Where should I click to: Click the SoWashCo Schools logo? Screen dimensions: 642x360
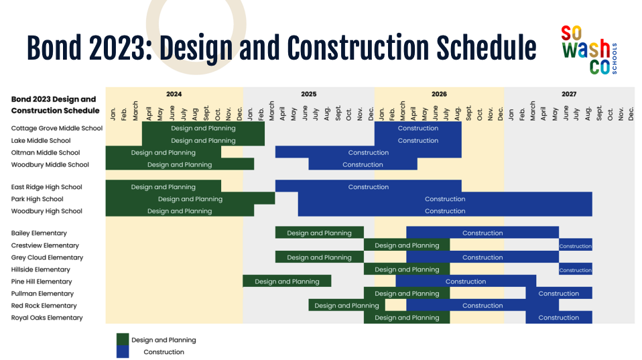[589, 50]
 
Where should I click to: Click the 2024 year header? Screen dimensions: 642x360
[174, 95]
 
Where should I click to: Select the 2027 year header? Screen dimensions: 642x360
[569, 95]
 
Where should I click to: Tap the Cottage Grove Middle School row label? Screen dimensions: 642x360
[57, 128]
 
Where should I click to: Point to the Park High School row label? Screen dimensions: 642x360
[38, 199]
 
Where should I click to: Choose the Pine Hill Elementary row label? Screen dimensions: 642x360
[42, 282]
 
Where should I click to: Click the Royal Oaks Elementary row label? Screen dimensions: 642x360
[47, 317]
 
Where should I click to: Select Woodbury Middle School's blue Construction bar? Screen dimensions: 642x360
[363, 164]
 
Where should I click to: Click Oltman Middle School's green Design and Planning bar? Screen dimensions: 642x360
[164, 152]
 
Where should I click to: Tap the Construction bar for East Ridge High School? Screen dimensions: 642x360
[369, 186]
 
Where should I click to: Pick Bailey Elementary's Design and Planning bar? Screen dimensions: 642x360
[320, 233]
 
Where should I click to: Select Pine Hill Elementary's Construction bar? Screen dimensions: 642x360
[466, 281]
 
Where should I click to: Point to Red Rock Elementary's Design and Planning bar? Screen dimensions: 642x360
[346, 305]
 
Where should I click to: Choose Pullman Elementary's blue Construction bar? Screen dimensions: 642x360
[559, 293]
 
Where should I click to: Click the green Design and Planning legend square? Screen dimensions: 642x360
[123, 339]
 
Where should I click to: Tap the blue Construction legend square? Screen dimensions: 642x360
[123, 352]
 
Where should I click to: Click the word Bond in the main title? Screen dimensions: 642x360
[54, 48]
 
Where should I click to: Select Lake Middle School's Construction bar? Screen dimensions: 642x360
[418, 140]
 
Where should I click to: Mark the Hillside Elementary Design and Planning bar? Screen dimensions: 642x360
[407, 269]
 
